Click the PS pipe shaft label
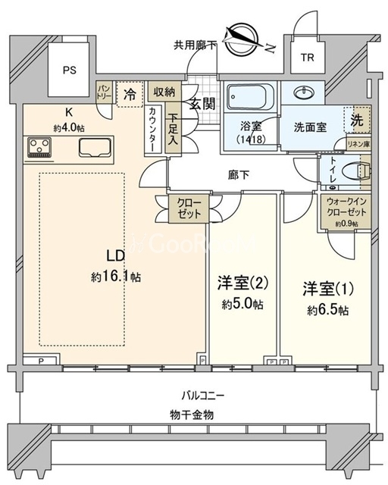click(x=70, y=70)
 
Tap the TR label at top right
click(x=306, y=58)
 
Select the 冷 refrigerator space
click(x=130, y=95)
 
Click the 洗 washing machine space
click(x=355, y=119)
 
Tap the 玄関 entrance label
click(x=201, y=104)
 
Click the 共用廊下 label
click(x=196, y=45)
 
